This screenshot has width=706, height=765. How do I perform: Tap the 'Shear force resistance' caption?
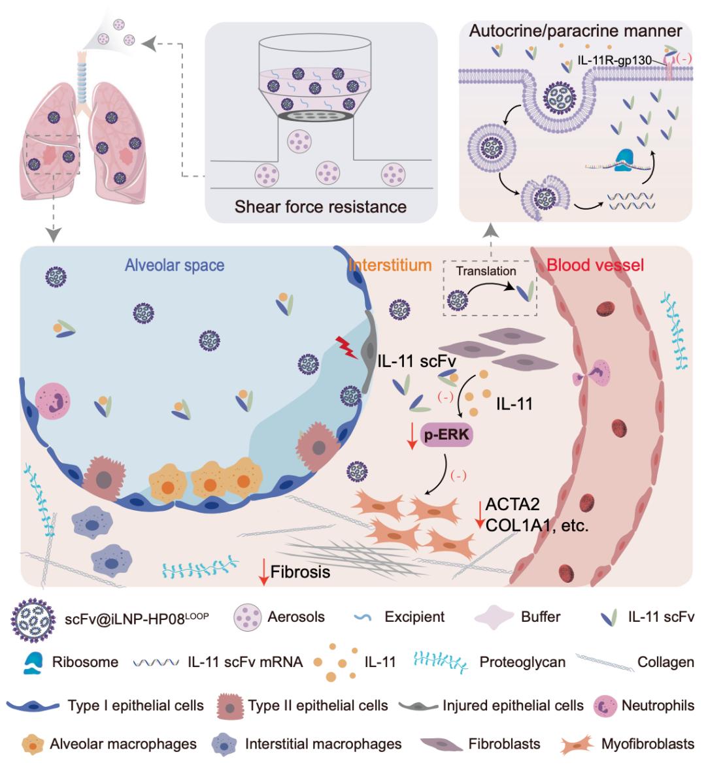coord(320,206)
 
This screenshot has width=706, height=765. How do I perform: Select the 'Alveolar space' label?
coord(175,265)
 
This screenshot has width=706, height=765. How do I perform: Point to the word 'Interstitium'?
coord(390,265)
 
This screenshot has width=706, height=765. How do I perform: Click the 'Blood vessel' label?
coord(595,265)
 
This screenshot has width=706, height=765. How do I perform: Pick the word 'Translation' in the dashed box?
coord(486,271)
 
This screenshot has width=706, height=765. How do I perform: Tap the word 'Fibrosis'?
coord(300,572)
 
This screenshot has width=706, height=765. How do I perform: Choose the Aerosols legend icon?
coord(246,617)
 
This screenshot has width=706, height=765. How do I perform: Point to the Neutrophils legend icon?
coord(605,706)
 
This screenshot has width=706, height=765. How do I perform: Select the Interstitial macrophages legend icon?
coord(224,744)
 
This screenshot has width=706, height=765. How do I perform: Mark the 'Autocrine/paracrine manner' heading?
coord(575,31)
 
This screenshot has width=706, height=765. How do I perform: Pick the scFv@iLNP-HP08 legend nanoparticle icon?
coord(32,617)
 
